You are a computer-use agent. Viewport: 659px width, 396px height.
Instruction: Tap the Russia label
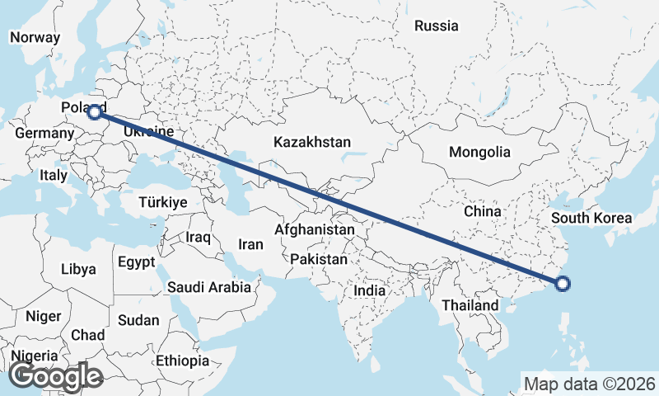436,26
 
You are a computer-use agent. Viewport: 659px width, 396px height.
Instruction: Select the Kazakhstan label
312,142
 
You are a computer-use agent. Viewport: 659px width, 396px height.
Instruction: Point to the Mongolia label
479,153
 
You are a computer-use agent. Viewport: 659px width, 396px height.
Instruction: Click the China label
482,212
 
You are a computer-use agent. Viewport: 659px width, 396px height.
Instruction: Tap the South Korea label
591,219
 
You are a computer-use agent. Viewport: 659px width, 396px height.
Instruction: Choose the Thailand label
470,305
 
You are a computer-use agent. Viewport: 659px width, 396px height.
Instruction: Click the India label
370,291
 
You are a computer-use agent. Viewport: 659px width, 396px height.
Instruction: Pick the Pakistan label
319,259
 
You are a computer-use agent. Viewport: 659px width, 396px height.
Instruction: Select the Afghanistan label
315,230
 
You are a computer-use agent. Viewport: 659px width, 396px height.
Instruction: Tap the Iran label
250,245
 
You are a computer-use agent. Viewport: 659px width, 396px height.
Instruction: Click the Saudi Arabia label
208,288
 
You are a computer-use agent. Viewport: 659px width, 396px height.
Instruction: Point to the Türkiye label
163,202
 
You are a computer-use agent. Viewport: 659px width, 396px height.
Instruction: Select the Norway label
35,37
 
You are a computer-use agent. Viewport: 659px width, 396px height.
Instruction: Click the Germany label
44,134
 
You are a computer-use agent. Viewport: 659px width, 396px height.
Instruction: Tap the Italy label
54,176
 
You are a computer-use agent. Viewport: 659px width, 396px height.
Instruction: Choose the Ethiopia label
182,361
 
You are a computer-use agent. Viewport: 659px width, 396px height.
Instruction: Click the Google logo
55,376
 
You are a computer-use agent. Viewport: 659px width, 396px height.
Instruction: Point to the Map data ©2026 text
590,384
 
